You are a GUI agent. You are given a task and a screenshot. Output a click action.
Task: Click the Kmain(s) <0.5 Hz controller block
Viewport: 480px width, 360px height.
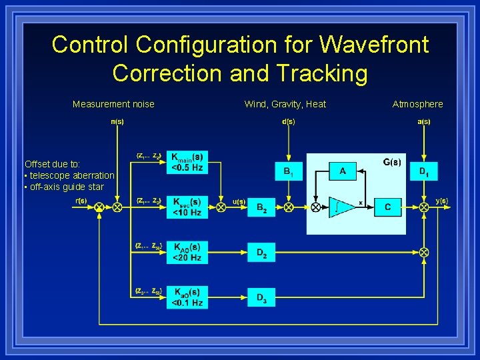click(x=187, y=162)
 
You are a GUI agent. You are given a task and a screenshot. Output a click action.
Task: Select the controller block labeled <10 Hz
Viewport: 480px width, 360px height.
click(x=187, y=207)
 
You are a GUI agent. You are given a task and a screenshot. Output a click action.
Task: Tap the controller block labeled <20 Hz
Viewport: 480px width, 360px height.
click(x=187, y=252)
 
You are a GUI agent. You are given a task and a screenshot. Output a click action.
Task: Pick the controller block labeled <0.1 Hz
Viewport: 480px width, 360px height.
click(x=187, y=297)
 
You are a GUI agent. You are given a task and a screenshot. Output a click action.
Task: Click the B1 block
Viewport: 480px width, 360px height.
click(x=288, y=172)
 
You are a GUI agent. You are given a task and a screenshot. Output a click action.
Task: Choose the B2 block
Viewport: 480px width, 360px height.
click(x=261, y=207)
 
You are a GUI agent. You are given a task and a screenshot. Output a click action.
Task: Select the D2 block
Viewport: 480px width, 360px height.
click(x=261, y=252)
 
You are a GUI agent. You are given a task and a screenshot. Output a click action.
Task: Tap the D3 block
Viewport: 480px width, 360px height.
click(x=261, y=297)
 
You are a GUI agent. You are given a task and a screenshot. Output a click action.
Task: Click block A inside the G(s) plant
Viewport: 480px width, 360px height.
click(x=343, y=172)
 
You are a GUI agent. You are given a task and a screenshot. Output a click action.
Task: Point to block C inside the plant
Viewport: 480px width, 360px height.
click(x=387, y=207)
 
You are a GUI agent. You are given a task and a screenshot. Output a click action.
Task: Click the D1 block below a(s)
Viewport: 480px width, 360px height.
click(x=423, y=172)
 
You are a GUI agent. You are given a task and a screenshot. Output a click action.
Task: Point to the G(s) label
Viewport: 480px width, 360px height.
click(x=392, y=162)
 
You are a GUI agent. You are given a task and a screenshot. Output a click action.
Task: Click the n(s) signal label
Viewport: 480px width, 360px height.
click(x=117, y=121)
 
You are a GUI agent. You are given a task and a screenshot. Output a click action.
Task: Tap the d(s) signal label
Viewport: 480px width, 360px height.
click(x=288, y=121)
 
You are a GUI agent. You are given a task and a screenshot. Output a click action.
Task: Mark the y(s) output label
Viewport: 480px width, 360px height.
click(x=441, y=200)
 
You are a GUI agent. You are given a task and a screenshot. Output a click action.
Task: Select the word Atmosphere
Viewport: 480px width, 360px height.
click(x=417, y=104)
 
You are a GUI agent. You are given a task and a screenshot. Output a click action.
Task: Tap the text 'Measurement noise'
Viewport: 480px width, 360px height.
click(x=113, y=104)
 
